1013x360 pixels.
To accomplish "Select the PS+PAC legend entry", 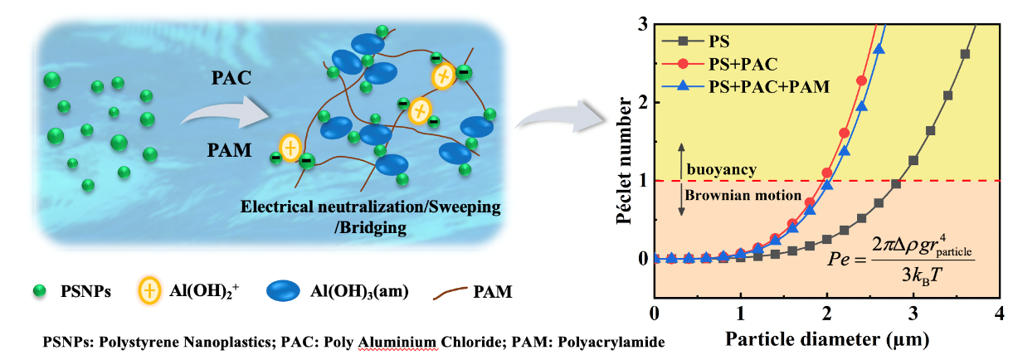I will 738,63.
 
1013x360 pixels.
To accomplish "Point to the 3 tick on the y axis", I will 642,25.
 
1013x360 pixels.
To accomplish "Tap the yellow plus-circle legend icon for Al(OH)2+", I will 150,291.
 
